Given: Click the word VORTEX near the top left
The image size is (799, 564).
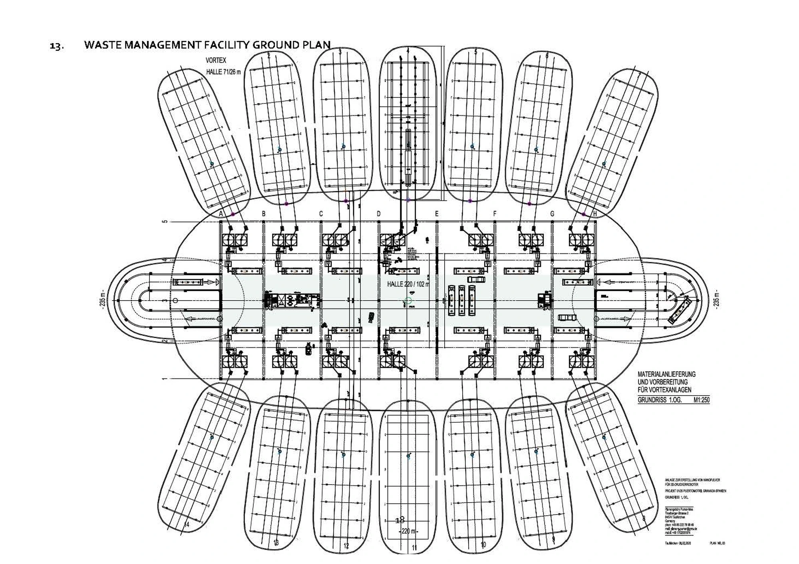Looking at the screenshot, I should point(216,60).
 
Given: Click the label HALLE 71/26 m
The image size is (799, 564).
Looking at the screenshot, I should point(223,72).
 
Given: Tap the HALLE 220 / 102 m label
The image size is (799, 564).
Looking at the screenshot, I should point(408,284).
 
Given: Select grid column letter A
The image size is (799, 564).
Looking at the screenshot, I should point(221,214).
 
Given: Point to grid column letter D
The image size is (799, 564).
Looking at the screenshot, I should point(379,214).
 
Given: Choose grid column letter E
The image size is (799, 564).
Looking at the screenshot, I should point(437,214).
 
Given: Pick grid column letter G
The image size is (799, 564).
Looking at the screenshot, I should point(553,214).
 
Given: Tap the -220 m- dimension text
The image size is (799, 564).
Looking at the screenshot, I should point(408,532).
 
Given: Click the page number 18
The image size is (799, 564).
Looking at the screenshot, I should point(399,520).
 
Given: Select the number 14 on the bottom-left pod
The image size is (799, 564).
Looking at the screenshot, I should point(186,524).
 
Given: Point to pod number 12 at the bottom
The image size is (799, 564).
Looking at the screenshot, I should point(346,546).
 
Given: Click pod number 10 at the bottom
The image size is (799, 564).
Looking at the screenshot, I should point(483,544).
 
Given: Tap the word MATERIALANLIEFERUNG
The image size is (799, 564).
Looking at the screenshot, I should point(666,374).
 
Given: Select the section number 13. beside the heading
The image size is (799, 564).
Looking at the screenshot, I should point(56,46).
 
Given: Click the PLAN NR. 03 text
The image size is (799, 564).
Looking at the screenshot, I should point(717,543).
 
